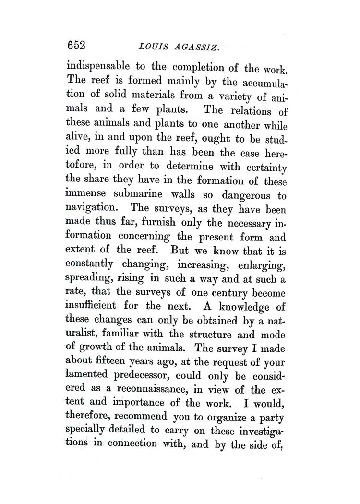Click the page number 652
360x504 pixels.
tap(76, 46)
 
